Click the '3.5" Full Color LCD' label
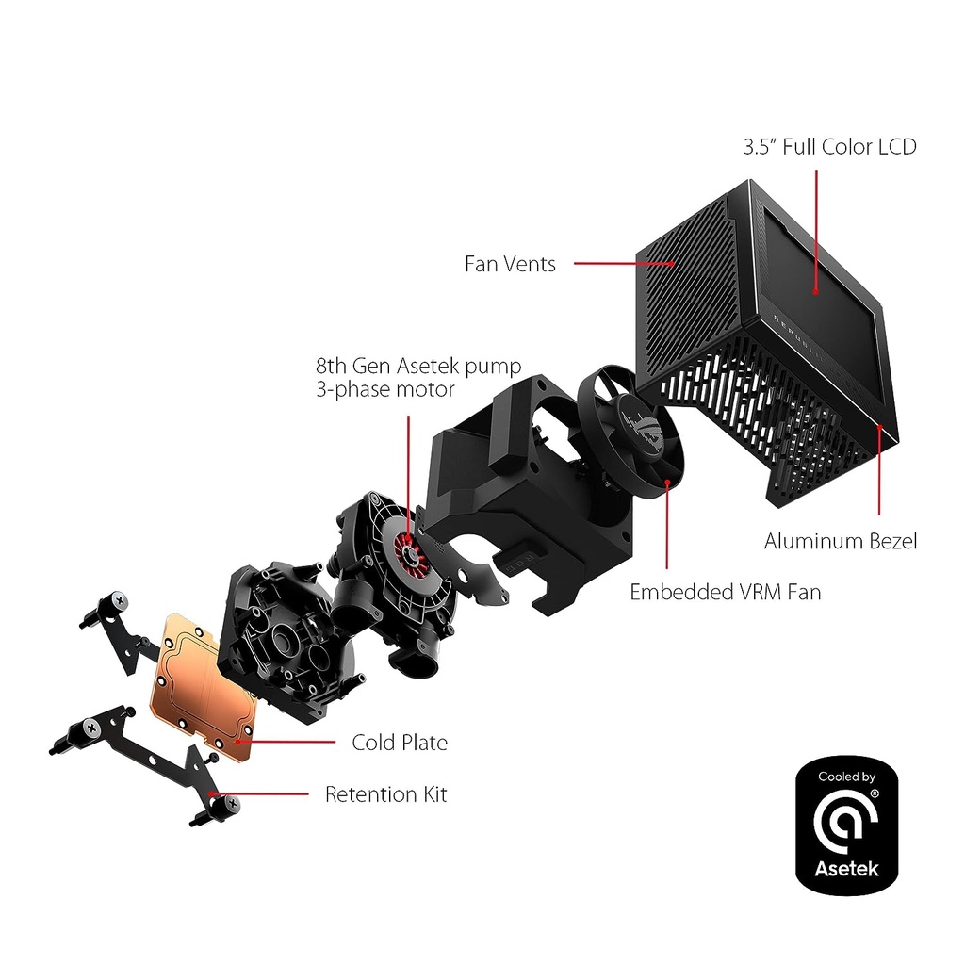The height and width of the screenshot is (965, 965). tap(827, 147)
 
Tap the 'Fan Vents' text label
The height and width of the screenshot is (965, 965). tap(510, 264)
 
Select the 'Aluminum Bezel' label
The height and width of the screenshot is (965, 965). tap(840, 541)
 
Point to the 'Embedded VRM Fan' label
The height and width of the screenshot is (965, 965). tap(725, 592)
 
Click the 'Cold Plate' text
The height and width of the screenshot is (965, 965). tap(400, 743)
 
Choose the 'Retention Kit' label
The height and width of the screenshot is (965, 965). tap(385, 794)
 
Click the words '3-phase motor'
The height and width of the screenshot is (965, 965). tap(385, 389)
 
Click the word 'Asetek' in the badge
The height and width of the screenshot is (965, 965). tap(846, 868)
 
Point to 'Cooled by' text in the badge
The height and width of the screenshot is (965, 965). tap(846, 777)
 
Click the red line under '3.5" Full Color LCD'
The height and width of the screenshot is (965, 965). tap(815, 226)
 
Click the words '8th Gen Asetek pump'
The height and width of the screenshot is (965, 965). tap(418, 366)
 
